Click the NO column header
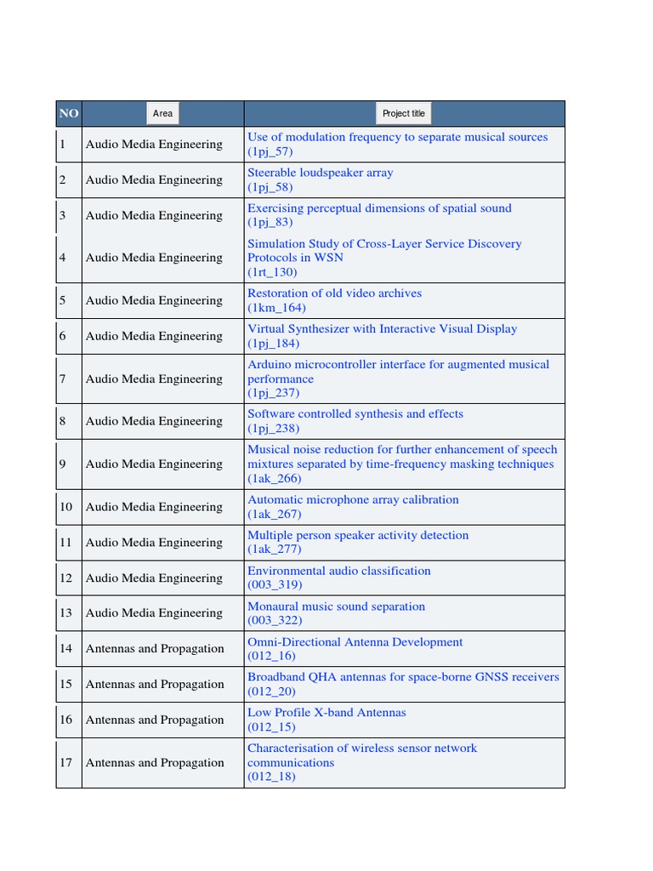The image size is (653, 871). (x=68, y=114)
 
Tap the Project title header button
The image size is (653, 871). (x=404, y=114)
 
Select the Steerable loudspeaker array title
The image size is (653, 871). (x=320, y=173)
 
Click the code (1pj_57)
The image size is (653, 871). (x=270, y=151)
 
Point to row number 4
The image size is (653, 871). (x=63, y=258)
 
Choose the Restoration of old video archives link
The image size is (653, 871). (x=334, y=293)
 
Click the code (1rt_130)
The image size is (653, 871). (x=272, y=272)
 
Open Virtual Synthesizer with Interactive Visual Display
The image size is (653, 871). (x=382, y=329)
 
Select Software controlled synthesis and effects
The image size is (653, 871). (x=355, y=414)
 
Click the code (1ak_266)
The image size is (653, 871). (x=274, y=479)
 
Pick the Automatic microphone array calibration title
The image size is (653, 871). (x=353, y=500)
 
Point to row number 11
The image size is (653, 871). (x=65, y=543)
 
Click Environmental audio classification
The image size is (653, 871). (x=338, y=572)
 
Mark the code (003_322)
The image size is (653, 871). (x=274, y=621)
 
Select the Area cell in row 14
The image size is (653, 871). (x=155, y=649)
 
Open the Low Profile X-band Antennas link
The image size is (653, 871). (x=326, y=713)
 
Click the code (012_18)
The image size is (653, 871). (x=271, y=777)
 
